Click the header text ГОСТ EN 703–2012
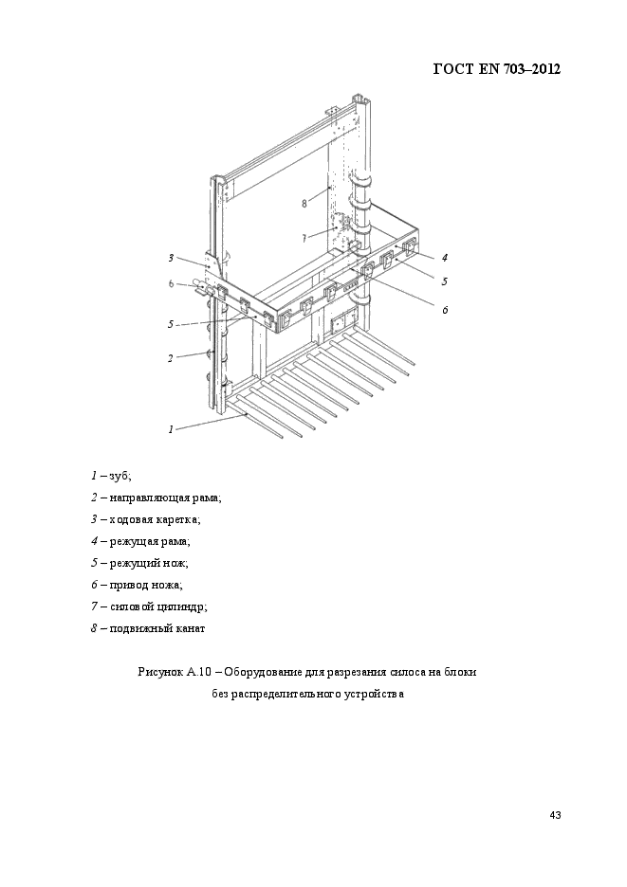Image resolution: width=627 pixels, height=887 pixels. (496, 69)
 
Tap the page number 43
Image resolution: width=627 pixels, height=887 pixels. (556, 816)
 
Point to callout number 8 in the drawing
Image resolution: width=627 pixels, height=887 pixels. (304, 203)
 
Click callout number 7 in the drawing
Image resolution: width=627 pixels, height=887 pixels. (304, 238)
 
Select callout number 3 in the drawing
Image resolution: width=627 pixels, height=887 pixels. (171, 258)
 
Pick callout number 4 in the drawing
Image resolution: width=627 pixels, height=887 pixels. (444, 257)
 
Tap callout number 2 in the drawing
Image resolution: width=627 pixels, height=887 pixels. (171, 358)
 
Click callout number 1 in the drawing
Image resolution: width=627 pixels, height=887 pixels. (171, 428)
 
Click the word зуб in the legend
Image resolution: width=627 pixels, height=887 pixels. (120, 476)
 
